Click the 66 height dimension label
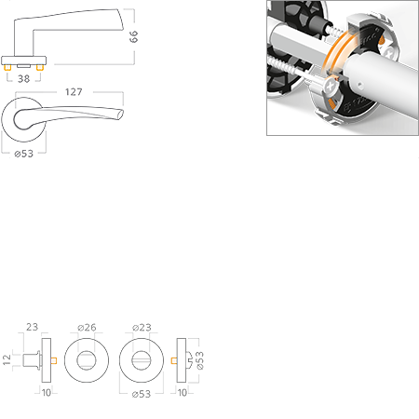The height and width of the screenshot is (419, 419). [x=133, y=36]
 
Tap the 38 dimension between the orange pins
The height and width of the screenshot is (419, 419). [x=24, y=79]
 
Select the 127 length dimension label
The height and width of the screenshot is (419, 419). [x=74, y=92]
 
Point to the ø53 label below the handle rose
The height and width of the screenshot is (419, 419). [x=24, y=154]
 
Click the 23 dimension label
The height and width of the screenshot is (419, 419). [x=32, y=327]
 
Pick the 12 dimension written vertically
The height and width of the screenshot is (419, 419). [x=7, y=359]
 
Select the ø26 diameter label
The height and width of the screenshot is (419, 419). [x=87, y=328]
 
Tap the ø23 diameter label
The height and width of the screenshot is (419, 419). [x=142, y=328]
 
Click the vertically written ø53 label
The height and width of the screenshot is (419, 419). [x=200, y=360]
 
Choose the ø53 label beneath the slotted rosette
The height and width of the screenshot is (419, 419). [x=142, y=394]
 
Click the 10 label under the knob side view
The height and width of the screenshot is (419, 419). [x=47, y=393]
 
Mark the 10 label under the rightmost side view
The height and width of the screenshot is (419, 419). [x=182, y=393]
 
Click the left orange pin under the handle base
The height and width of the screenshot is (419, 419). [x=7, y=68]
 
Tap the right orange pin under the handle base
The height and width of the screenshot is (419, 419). [x=39, y=68]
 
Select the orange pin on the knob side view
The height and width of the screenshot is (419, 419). [x=54, y=360]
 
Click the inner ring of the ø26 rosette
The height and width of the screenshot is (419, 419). [x=87, y=352]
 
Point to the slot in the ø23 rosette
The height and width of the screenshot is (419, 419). [x=142, y=360]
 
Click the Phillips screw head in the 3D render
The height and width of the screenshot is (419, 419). [x=331, y=87]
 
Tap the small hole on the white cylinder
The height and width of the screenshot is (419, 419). [x=359, y=84]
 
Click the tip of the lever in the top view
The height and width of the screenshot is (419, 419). [x=123, y=113]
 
